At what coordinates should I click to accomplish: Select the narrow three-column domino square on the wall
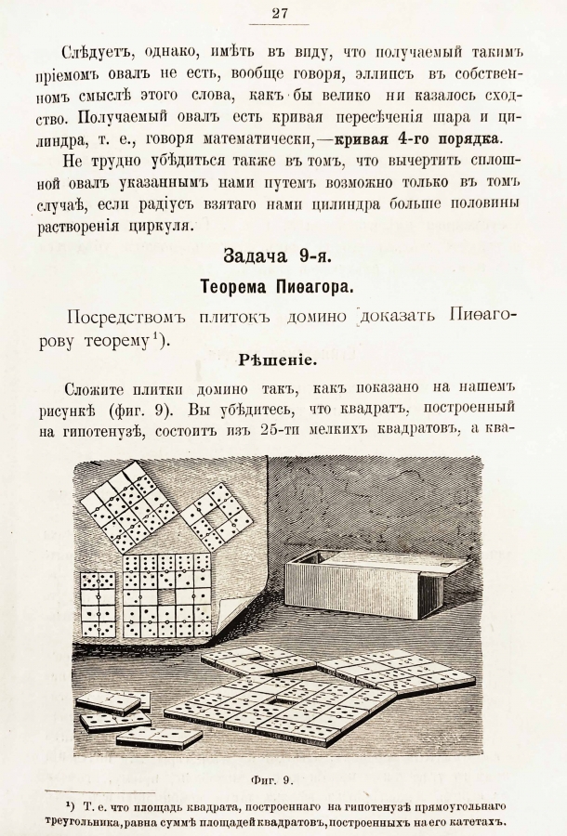coord(97,604)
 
